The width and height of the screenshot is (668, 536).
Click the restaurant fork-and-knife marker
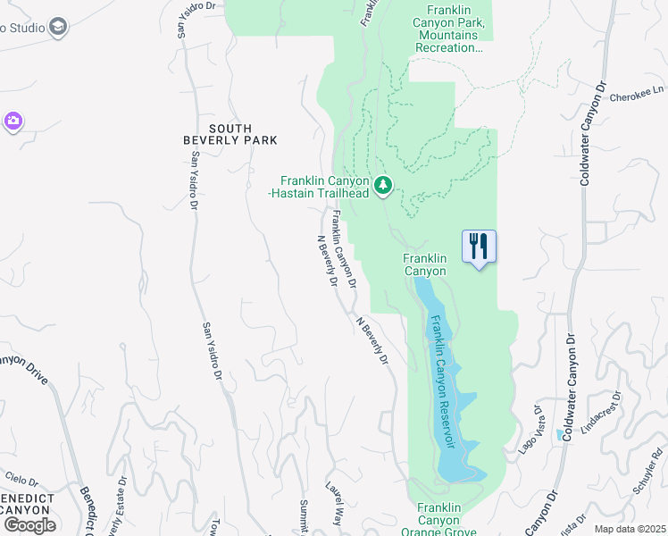(x=479, y=245)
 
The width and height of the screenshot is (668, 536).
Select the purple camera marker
(x=13, y=121)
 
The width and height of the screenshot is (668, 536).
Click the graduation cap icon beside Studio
(x=59, y=27)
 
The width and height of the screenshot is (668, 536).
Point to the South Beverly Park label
(x=230, y=134)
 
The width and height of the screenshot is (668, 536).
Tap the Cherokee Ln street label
(x=638, y=89)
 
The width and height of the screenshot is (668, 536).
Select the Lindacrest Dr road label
(x=600, y=412)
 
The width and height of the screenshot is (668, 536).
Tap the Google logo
(x=29, y=524)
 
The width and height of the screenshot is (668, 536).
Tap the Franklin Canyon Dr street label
(x=343, y=248)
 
